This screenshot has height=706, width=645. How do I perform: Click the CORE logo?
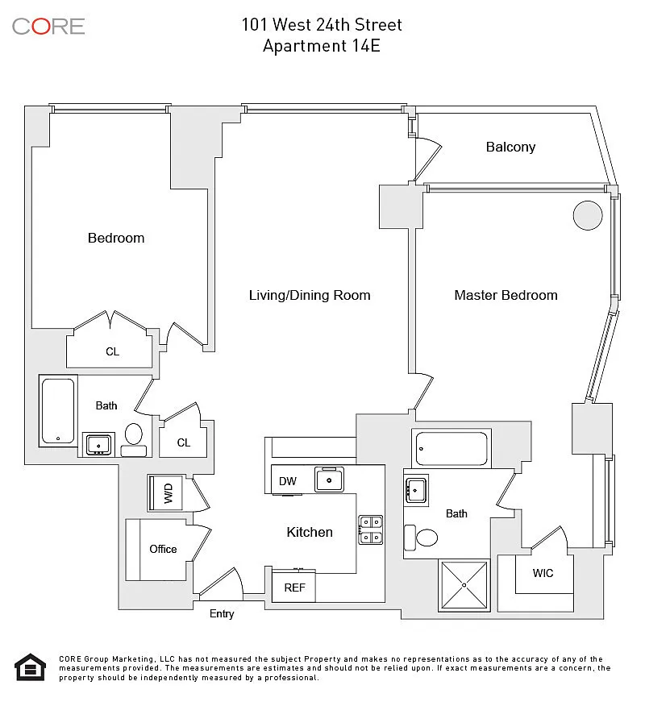[48, 26]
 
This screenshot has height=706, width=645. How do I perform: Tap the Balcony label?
[510, 147]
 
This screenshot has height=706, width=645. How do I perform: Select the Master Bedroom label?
[506, 295]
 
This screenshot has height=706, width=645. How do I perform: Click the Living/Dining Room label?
[310, 295]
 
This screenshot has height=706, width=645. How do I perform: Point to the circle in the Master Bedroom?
[588, 215]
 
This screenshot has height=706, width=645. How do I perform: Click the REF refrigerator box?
[294, 588]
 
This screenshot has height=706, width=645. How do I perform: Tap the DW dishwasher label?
[288, 481]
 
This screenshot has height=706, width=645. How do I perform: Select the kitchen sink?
[329, 480]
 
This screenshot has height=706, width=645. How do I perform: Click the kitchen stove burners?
[371, 529]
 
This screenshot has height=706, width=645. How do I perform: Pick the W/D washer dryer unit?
[168, 492]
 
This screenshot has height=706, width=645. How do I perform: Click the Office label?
[163, 549]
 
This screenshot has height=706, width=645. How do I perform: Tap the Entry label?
[222, 614]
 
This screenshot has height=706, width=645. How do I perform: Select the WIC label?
[543, 574]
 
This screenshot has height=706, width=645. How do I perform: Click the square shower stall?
[464, 583]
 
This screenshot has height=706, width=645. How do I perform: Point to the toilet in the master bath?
[421, 536]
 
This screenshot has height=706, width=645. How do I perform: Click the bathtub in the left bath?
[58, 411]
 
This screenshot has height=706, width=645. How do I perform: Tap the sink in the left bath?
[99, 443]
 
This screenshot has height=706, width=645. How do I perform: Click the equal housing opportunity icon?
[31, 667]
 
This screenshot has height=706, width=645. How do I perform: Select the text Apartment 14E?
[322, 46]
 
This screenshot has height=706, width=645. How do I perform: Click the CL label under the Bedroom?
[113, 351]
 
